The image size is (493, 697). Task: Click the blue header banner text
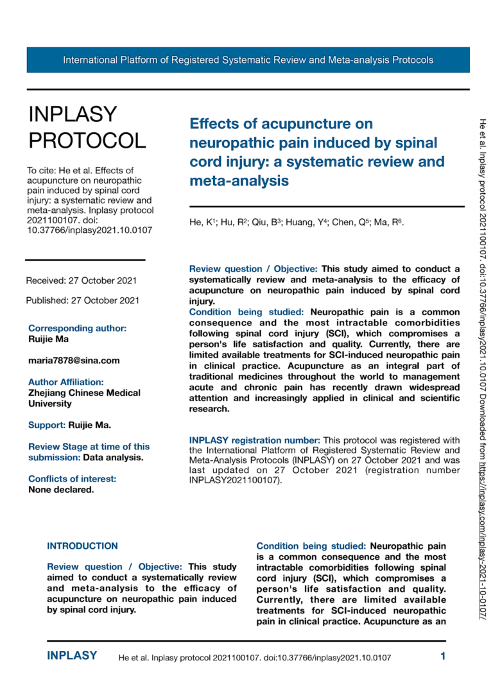(x=248, y=60)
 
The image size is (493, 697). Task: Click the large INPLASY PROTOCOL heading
(x=87, y=127)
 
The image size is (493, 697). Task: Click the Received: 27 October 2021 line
(x=81, y=280)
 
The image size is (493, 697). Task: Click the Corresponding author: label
(x=77, y=328)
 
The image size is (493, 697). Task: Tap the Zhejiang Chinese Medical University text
(x=84, y=399)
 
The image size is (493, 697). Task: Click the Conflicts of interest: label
(x=72, y=479)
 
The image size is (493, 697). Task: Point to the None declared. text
(x=61, y=490)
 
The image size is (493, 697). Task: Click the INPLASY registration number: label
(x=254, y=440)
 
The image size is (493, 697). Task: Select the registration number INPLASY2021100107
(x=234, y=480)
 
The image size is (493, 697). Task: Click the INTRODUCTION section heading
(x=83, y=546)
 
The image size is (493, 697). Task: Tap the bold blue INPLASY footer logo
(x=72, y=656)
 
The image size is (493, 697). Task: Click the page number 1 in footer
(x=443, y=656)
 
